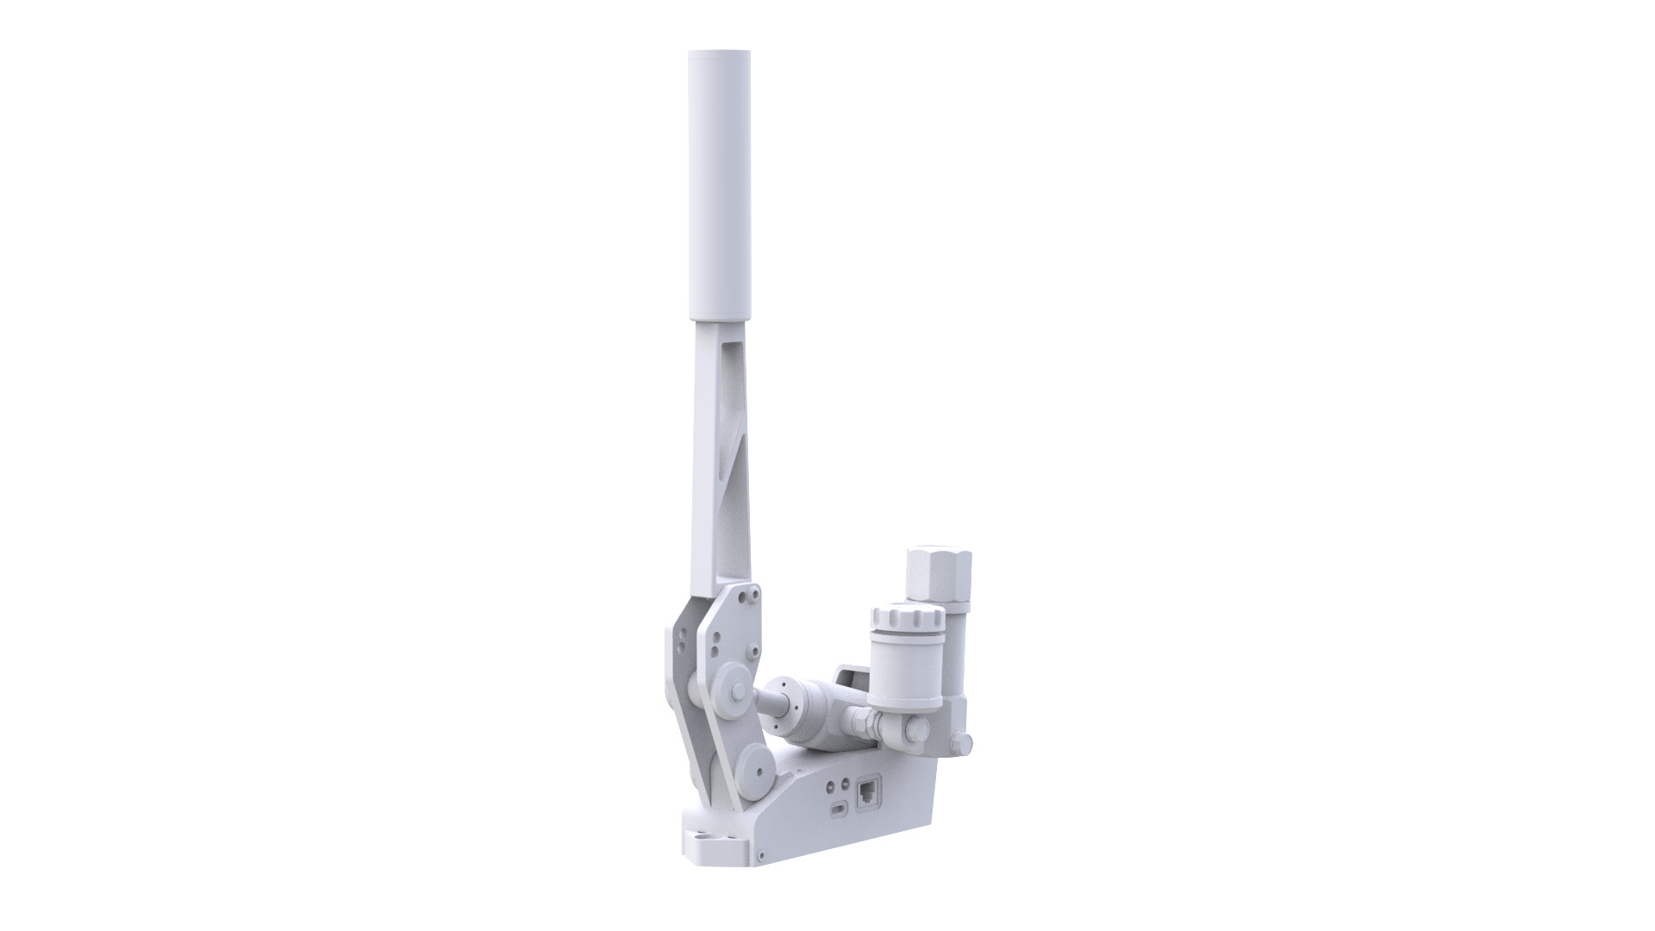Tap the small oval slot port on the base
click(x=839, y=809)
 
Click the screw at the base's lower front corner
click(x=762, y=854)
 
